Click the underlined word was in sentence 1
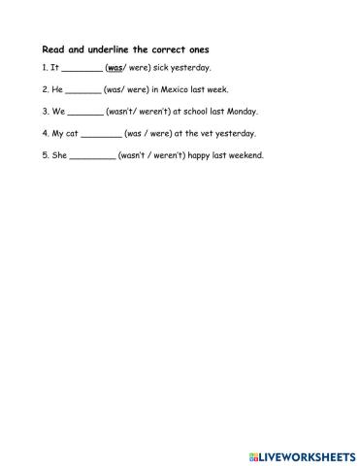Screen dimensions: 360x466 tap(115, 68)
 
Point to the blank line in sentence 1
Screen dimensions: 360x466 tap(82, 70)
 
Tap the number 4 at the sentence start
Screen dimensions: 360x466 tap(45, 133)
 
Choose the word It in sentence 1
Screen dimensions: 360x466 tap(54, 68)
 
